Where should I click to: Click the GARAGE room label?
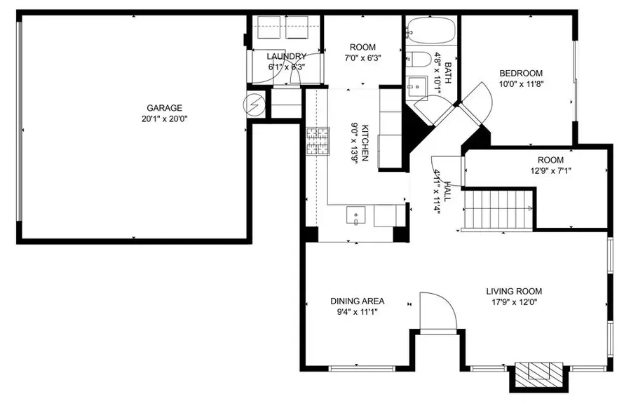pos(164,108)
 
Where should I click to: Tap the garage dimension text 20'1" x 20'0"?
pos(165,119)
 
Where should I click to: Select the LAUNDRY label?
pos(287,56)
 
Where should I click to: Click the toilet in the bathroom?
pos(419,60)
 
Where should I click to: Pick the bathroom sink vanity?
pos(416,88)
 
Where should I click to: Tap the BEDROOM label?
pos(521,73)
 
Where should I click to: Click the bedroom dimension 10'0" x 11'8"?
pos(521,84)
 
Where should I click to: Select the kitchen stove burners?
pos(318,141)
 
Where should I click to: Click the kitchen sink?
pos(355,215)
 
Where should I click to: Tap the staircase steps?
pos(498,209)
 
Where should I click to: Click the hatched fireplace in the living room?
pos(539,374)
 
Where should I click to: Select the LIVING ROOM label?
pos(514,291)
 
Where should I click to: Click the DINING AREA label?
pos(358,301)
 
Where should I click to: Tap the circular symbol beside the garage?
pos(255,105)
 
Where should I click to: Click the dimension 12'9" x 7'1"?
pos(550,171)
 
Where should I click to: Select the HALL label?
pos(447,191)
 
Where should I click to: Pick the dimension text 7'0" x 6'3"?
pos(362,58)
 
